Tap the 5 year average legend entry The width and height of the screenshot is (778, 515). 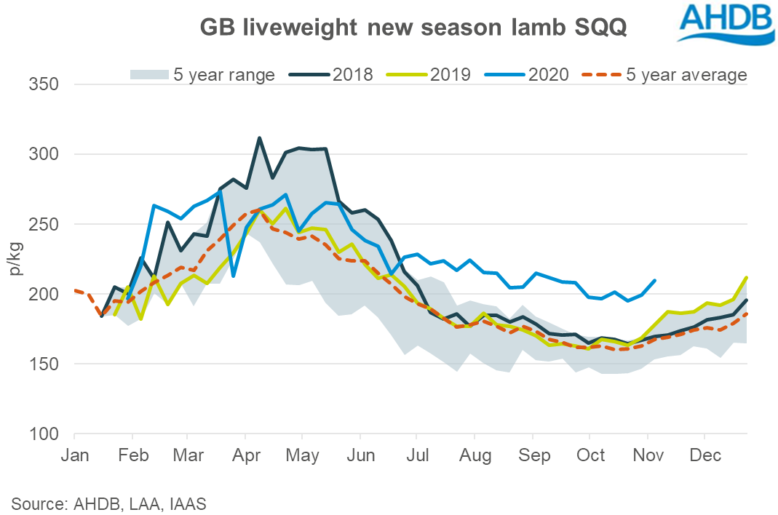[665, 74]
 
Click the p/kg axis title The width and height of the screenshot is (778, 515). [16, 260]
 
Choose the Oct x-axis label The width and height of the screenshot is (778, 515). [590, 456]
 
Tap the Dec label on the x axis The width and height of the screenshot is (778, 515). [704, 456]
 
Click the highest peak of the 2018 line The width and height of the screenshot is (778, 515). [260, 137]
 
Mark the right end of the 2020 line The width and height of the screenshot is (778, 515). [656, 280]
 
